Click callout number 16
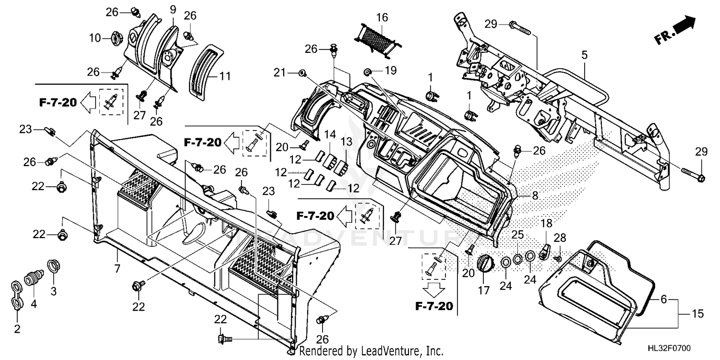point(382,18)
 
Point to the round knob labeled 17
point(484,263)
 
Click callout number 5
point(584,55)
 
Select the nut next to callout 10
point(117,37)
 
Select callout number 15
point(697,314)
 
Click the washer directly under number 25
point(517,259)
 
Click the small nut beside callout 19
point(368,72)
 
